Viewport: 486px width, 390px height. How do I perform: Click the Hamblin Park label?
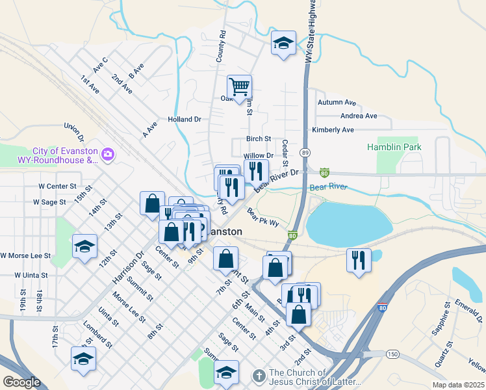click(394, 147)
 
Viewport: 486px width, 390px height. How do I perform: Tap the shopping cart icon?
click(239, 86)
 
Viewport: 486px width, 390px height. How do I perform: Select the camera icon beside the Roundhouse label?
click(107, 155)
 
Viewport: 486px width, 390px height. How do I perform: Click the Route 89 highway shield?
click(305, 152)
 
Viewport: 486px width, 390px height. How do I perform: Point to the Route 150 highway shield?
click(392, 353)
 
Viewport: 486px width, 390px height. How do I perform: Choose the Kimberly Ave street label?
click(333, 130)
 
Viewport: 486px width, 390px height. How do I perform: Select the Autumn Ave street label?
click(337, 103)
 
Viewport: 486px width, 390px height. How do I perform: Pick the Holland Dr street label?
click(185, 120)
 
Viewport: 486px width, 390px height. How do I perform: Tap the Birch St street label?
click(258, 139)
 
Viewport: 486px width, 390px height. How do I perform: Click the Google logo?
click(21, 382)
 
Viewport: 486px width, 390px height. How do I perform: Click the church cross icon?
click(258, 376)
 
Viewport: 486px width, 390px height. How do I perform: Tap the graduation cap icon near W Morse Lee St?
click(84, 246)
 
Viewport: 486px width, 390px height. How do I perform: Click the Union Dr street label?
click(74, 133)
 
